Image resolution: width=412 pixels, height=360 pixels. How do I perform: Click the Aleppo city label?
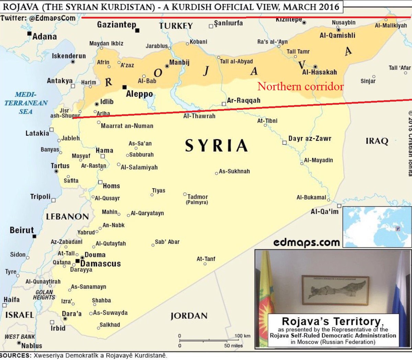click(139, 94)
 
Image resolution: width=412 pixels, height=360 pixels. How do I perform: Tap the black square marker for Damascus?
click(78, 262)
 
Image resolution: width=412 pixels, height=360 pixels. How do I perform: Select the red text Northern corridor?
click(300, 86)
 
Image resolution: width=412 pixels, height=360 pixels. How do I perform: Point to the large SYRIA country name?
click(216, 146)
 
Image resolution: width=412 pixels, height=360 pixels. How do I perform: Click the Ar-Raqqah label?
click(244, 101)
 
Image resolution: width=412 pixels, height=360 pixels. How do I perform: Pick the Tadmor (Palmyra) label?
click(197, 199)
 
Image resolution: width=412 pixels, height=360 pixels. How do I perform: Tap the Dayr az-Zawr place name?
click(310, 139)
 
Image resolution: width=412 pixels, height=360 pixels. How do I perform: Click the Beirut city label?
click(22, 230)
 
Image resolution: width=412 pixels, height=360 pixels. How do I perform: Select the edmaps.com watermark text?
click(307, 242)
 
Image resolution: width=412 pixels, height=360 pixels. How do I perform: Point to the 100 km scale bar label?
click(242, 336)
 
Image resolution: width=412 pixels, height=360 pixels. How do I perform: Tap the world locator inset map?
click(377, 227)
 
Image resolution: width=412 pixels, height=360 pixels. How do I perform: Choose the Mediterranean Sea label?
click(26, 103)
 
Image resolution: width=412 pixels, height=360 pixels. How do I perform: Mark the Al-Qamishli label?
click(337, 35)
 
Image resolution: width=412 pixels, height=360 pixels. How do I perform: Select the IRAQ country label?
click(377, 141)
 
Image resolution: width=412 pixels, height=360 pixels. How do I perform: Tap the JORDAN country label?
click(189, 316)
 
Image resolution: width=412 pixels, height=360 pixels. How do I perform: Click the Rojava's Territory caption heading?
click(331, 321)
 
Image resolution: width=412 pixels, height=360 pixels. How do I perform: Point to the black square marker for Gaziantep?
click(137, 31)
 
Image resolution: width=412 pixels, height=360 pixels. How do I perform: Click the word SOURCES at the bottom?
click(16, 356)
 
